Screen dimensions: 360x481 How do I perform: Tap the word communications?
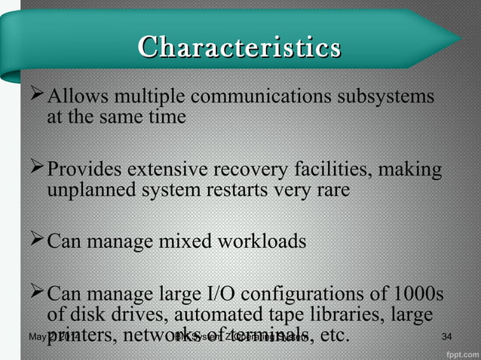click(259, 98)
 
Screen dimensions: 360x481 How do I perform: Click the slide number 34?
click(446, 335)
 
